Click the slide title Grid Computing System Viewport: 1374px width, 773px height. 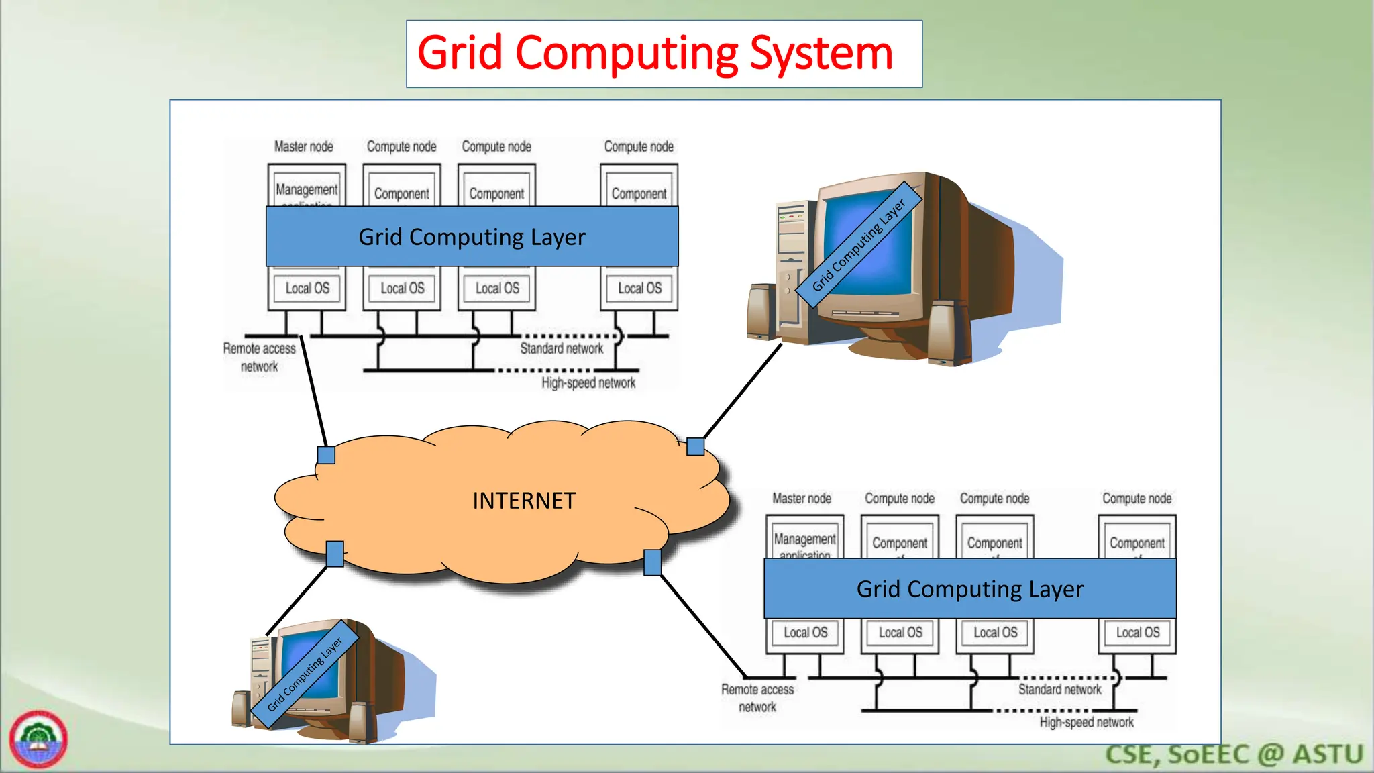click(655, 54)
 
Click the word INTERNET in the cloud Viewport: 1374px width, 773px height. click(524, 501)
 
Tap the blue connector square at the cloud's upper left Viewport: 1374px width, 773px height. click(326, 455)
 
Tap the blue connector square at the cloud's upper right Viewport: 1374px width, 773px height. click(696, 446)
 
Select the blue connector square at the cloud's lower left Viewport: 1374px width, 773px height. click(335, 554)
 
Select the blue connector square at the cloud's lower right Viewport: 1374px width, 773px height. click(652, 562)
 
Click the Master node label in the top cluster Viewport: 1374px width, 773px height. click(303, 146)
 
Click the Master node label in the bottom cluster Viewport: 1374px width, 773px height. click(801, 498)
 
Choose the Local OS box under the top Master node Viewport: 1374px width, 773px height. click(307, 289)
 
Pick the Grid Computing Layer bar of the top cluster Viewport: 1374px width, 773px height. click(472, 236)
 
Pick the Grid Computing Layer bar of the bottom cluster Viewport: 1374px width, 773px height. click(969, 588)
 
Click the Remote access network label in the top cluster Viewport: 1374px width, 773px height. click(259, 357)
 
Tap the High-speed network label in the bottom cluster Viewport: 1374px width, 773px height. click(1086, 722)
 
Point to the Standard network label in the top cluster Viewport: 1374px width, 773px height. click(562, 348)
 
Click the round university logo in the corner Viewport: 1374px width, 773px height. click(38, 739)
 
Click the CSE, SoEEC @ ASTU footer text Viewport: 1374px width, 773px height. click(1234, 754)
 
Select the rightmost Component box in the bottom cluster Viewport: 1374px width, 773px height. click(1137, 542)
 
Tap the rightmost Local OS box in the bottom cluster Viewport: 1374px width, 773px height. click(1137, 633)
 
